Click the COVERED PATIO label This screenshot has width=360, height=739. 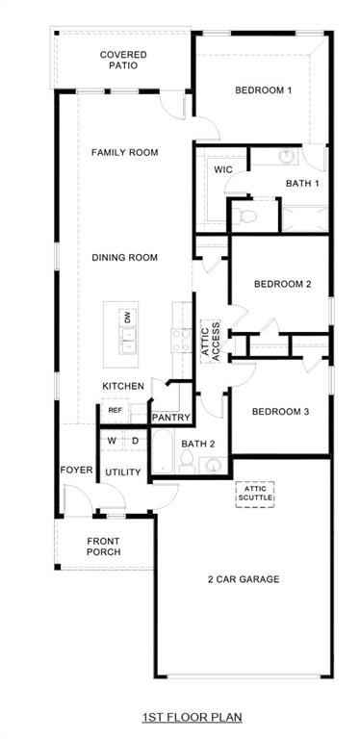coord(123,61)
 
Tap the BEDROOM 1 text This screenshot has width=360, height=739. coord(263,90)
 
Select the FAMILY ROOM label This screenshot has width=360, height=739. coord(124,152)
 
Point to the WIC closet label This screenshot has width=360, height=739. coord(223,169)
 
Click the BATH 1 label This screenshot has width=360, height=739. coord(302,183)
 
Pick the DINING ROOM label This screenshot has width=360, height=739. coord(124,257)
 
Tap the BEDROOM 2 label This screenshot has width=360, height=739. coord(282,284)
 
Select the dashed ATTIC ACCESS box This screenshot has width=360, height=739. coord(211,340)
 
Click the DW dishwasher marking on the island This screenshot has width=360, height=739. coord(126,317)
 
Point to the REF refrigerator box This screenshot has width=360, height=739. coord(115,410)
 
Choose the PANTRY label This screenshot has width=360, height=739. coord(171,418)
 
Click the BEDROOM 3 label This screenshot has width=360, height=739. coord(280,412)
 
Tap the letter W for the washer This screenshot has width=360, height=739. coord(112,441)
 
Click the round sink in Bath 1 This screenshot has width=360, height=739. coord(286,155)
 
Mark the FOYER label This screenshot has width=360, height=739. coord(76,471)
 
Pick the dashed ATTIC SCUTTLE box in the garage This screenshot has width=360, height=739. coord(256,494)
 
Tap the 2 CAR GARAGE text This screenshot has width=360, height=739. coord(243,579)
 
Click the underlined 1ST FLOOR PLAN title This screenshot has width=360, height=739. coord(193,717)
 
